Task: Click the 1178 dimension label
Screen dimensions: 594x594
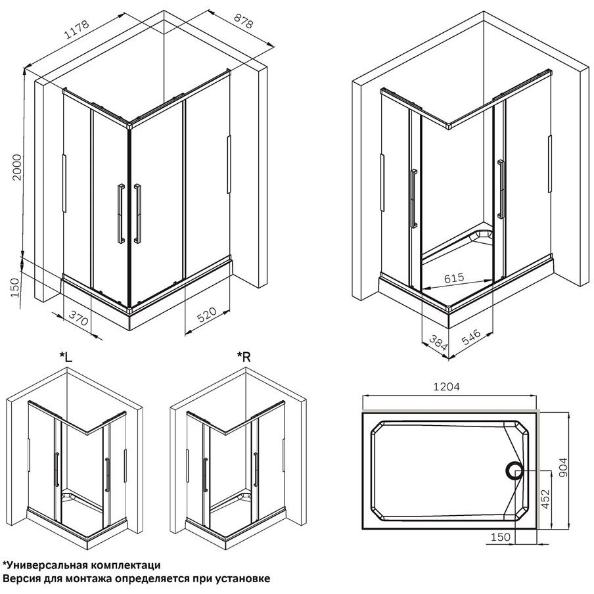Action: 77,30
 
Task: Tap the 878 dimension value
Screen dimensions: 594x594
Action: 243,21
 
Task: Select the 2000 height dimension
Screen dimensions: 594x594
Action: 16,167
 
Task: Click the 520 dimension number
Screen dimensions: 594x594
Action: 207,315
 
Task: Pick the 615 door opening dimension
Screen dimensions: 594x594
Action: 454,278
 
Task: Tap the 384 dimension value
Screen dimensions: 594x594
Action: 438,342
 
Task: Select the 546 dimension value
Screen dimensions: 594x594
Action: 472,337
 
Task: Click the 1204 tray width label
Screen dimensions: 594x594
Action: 446,387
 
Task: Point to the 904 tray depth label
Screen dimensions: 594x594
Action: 564,467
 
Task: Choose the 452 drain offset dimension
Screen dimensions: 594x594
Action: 545,499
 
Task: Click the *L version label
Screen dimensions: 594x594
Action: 66,357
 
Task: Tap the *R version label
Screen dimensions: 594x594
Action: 244,357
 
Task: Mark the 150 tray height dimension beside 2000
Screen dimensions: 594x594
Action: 14,288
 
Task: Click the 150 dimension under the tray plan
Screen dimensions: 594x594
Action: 501,537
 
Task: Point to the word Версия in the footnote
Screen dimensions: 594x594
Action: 18,579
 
